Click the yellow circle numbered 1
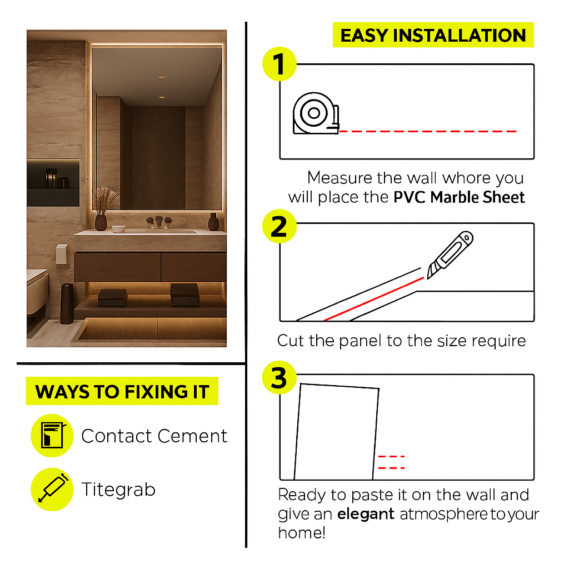(x=279, y=64)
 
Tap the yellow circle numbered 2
(x=279, y=226)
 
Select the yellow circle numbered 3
(x=279, y=377)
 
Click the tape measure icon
(x=316, y=113)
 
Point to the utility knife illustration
(x=450, y=254)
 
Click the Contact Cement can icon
(x=52, y=436)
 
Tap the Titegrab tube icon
(x=53, y=488)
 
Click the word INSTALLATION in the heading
(x=460, y=36)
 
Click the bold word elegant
(x=366, y=515)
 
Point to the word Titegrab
(x=118, y=490)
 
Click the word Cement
(x=192, y=436)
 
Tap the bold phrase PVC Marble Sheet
(x=459, y=197)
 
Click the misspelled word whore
(x=467, y=178)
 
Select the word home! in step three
(x=302, y=533)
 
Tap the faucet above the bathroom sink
(x=159, y=221)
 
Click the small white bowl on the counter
(x=119, y=228)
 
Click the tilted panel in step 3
(x=336, y=432)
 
